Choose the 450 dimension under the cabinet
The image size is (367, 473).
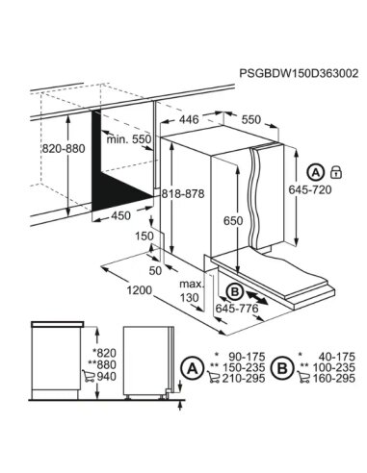[x=120, y=215]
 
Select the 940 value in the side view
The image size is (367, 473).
[x=105, y=377]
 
